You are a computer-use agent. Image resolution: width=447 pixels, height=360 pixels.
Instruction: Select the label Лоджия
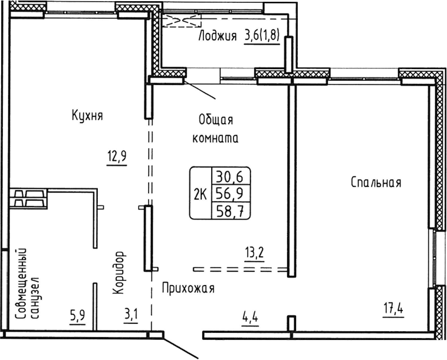[x=218, y=37]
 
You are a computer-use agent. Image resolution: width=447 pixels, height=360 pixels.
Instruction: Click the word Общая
[x=216, y=120]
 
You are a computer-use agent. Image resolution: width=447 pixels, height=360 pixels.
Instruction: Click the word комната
[x=215, y=140]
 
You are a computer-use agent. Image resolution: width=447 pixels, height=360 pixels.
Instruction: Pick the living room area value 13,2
[x=254, y=254]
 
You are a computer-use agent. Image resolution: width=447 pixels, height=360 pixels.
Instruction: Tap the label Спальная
[x=376, y=183]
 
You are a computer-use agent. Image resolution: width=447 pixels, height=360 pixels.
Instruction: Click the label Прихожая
[x=188, y=289]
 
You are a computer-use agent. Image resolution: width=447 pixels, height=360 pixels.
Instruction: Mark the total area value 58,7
[x=231, y=210]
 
